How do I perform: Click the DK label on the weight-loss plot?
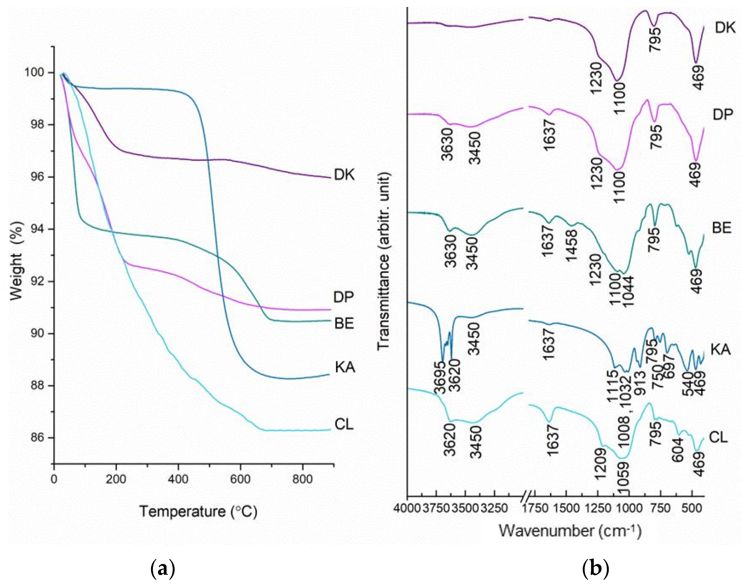[x=344, y=175]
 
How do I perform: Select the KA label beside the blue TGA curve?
[x=345, y=367]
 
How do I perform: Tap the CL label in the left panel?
[x=344, y=425]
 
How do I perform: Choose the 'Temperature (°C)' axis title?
[x=198, y=511]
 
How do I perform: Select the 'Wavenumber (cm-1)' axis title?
[x=570, y=531]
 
